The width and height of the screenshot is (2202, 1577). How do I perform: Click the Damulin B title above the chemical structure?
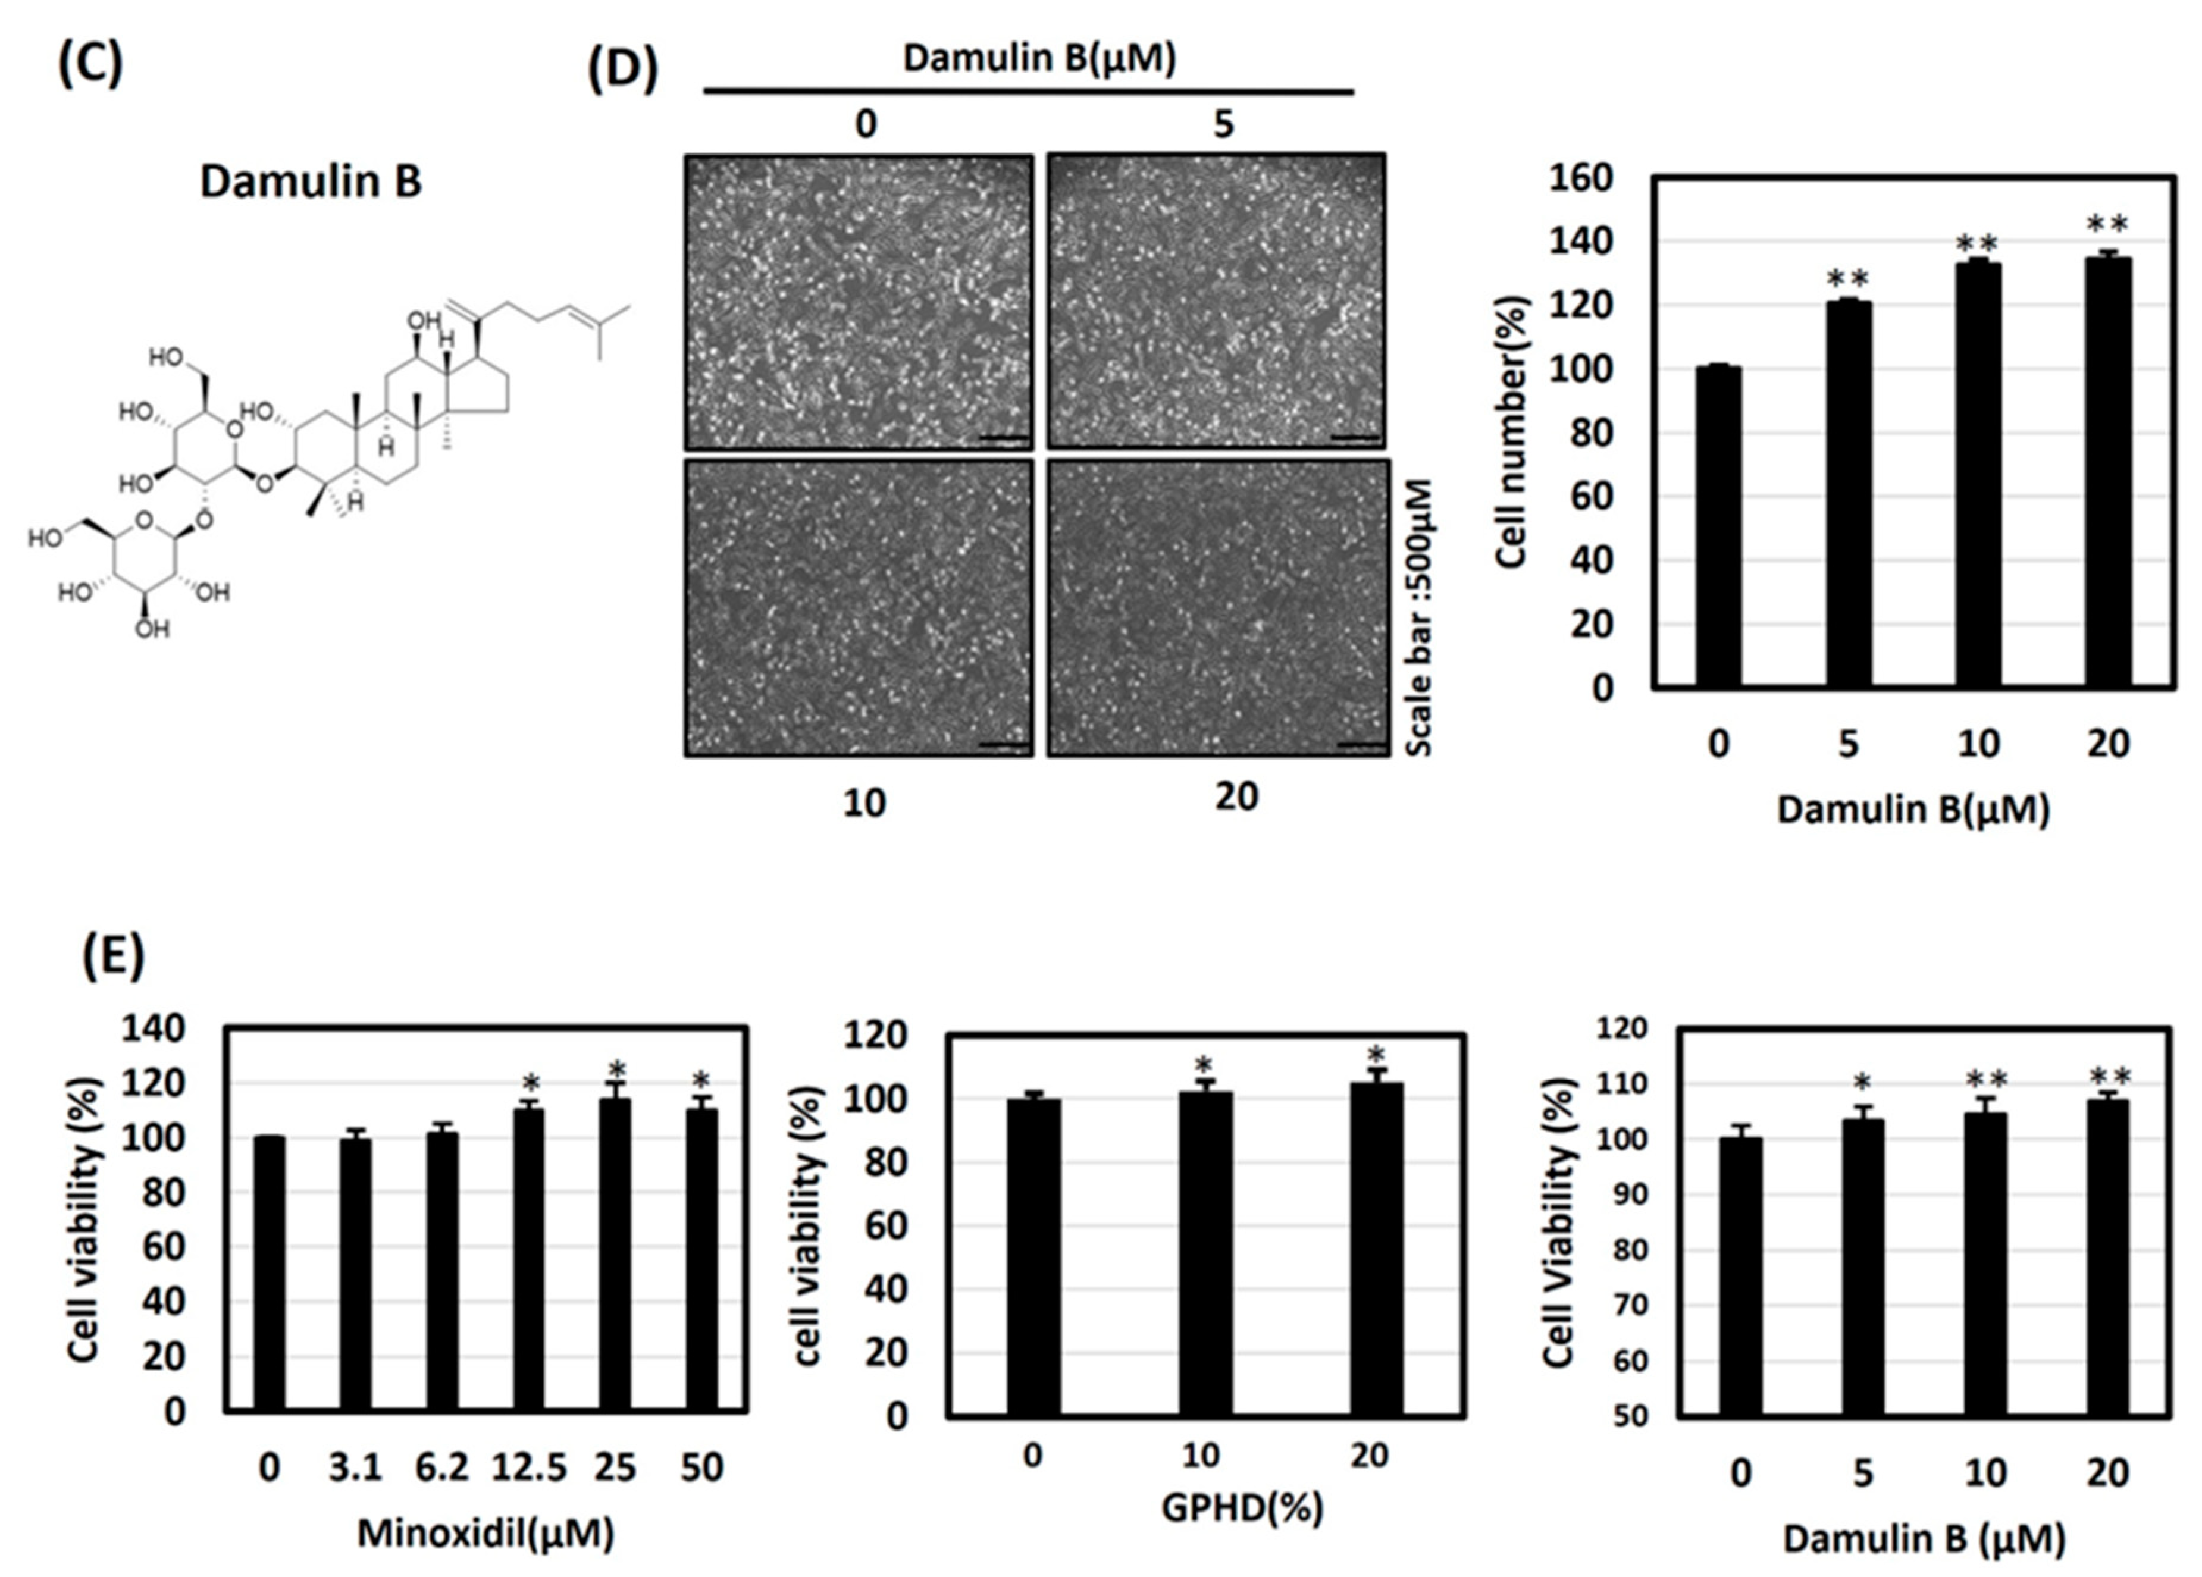pos(311,181)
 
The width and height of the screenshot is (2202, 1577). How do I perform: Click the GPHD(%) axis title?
pos(1242,1508)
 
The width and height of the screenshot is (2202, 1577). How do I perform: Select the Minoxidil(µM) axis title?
pos(485,1534)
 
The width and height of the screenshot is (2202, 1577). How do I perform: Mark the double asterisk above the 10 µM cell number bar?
pos(1977,243)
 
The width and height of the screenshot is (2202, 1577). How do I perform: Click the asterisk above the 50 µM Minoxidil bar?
pos(701,1080)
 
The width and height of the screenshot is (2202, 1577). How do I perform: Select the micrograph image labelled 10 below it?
pos(859,607)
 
